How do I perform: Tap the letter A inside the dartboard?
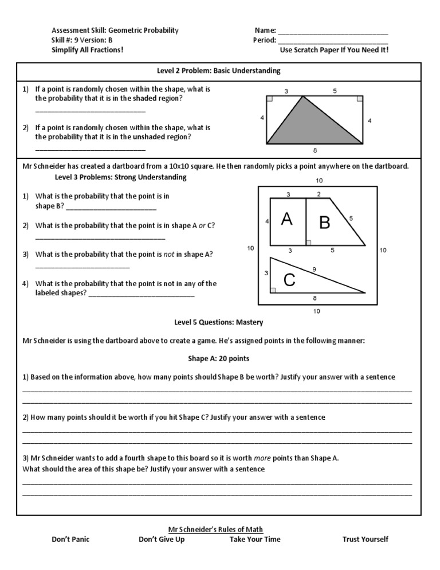[x=287, y=218]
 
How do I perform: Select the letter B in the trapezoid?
[x=324, y=222]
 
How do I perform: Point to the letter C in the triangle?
[x=290, y=280]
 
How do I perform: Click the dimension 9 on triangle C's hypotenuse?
[x=314, y=269]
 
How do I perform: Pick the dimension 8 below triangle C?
[x=315, y=298]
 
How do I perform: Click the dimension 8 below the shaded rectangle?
[x=315, y=151]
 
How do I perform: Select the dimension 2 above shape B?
[x=319, y=194]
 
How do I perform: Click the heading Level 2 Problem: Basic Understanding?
[x=219, y=71]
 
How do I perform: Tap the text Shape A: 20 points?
[x=219, y=358]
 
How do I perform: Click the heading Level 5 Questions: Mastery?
[x=219, y=322]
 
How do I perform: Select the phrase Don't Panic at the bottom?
[x=70, y=539]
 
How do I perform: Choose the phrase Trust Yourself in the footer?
[x=365, y=539]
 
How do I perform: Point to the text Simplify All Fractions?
[x=87, y=50]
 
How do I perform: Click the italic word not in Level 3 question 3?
[x=169, y=254]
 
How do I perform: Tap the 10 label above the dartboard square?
[x=319, y=181]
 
